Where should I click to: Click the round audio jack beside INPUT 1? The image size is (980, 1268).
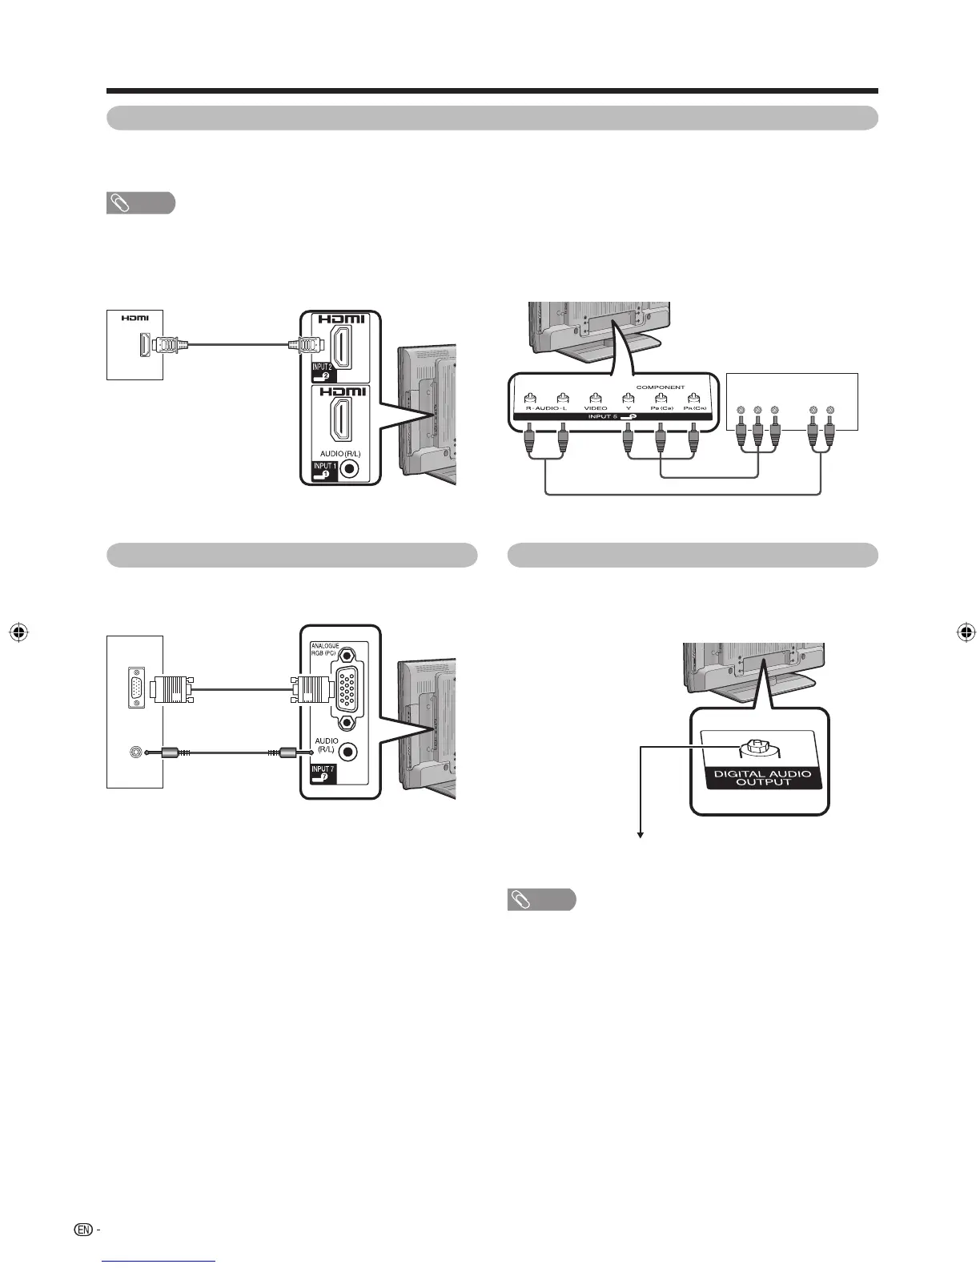point(350,469)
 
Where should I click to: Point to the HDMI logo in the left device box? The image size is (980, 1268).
point(135,318)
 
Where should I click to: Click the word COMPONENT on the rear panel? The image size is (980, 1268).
point(660,387)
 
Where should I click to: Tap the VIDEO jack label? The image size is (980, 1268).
point(595,408)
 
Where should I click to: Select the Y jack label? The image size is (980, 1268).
point(629,408)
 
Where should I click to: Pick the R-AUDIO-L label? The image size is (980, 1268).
point(545,408)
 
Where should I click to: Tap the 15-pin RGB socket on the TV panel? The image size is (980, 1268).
point(347,686)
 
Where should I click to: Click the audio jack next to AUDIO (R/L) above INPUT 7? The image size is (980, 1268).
point(348,752)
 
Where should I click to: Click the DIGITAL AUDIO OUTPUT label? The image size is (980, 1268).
point(762,777)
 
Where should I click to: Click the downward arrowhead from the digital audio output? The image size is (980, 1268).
point(641,835)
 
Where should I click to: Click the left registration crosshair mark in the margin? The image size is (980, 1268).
point(21,632)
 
